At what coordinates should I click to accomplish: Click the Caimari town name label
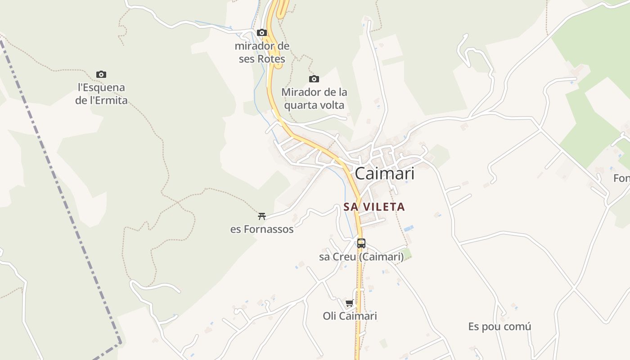[x=384, y=174]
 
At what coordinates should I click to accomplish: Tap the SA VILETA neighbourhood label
[x=374, y=207]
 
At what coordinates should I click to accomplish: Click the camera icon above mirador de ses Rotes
[x=262, y=33]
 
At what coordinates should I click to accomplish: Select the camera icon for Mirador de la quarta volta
[x=314, y=79]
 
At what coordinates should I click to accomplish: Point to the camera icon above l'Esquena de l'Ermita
[x=101, y=75]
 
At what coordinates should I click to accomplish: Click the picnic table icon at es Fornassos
[x=262, y=216]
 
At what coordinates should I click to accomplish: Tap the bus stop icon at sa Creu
[x=361, y=243]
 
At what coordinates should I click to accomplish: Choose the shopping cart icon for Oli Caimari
[x=350, y=303]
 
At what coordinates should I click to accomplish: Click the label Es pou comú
[x=499, y=327]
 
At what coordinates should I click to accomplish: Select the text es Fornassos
[x=262, y=229]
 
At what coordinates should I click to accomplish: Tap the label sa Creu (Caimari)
[x=361, y=257]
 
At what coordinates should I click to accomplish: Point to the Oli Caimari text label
[x=350, y=316]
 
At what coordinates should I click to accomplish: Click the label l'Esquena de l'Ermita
[x=101, y=94]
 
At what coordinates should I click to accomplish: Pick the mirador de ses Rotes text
[x=262, y=52]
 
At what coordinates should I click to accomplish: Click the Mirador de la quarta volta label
[x=314, y=99]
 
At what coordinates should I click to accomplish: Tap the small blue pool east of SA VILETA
[x=408, y=229]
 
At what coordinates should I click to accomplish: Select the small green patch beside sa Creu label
[x=407, y=255]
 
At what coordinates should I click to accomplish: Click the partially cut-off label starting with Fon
[x=622, y=179]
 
